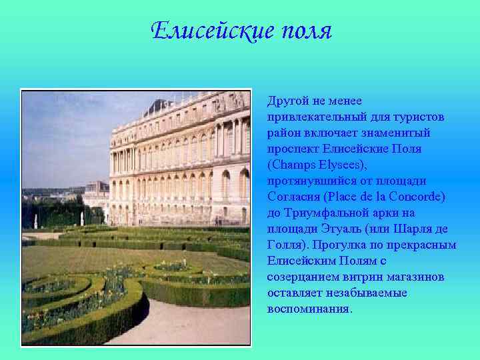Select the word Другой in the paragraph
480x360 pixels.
287,101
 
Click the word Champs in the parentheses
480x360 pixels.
296,165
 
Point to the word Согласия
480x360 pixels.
293,197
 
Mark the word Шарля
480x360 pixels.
415,229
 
